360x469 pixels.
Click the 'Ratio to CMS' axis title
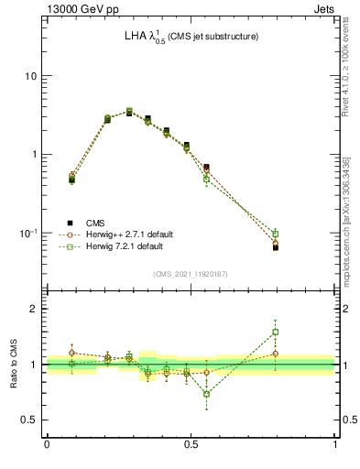point(14,364)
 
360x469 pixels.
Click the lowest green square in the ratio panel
point(206,394)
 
